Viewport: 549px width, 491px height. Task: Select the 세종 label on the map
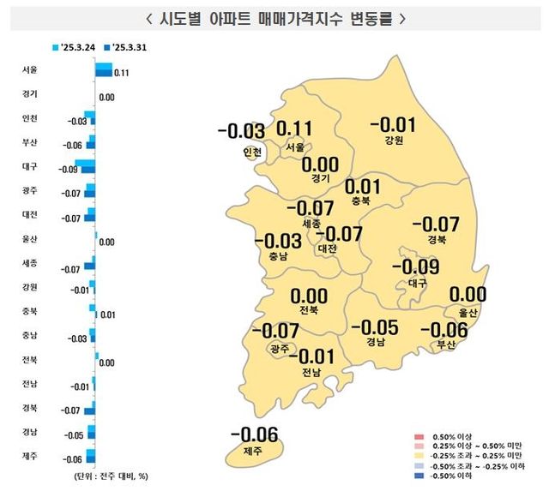point(311,223)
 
